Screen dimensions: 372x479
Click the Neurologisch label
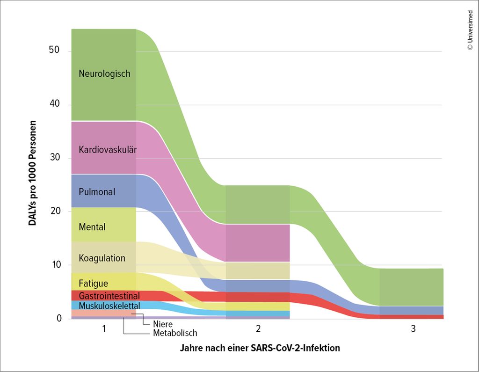tap(104, 74)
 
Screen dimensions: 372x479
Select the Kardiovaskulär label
tap(108, 150)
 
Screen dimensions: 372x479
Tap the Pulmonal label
tap(97, 192)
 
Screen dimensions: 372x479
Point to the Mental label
tap(92, 227)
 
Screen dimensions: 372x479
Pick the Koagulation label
tap(102, 258)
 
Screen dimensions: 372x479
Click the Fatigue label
tap(94, 284)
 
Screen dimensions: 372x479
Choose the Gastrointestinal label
tap(109, 296)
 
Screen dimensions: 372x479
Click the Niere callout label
tap(163, 324)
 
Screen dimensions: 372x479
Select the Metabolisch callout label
tap(175, 333)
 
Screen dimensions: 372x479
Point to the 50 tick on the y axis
tap(55, 50)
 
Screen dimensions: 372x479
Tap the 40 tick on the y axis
tap(55, 104)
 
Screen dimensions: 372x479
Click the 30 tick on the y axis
tap(55, 157)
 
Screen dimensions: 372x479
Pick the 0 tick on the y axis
tap(59, 319)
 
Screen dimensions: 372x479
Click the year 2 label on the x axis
tap(258, 329)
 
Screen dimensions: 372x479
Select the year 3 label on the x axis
tap(413, 329)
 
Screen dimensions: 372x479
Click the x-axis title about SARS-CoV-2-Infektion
tap(260, 349)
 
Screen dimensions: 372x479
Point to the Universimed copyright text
tap(470, 28)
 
